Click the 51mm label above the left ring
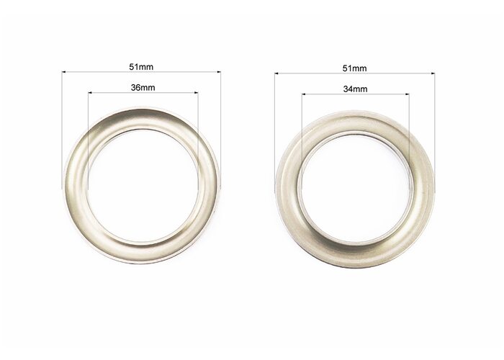141,67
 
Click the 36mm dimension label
143,87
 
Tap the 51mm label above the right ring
354,68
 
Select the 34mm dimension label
355,89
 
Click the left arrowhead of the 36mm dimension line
90,93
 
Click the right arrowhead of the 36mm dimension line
196,93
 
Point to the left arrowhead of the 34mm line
304,94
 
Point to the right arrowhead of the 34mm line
407,94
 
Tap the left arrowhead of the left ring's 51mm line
63,72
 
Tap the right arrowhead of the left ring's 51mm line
219,72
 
